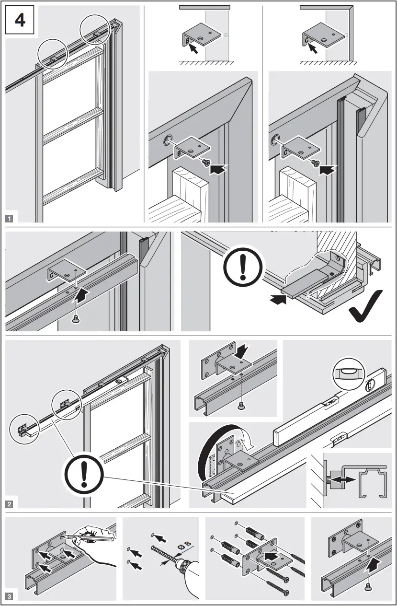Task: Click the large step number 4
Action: tap(21, 21)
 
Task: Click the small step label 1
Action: tap(9, 218)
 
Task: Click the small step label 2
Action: tap(9, 504)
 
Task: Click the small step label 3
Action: tap(9, 596)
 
